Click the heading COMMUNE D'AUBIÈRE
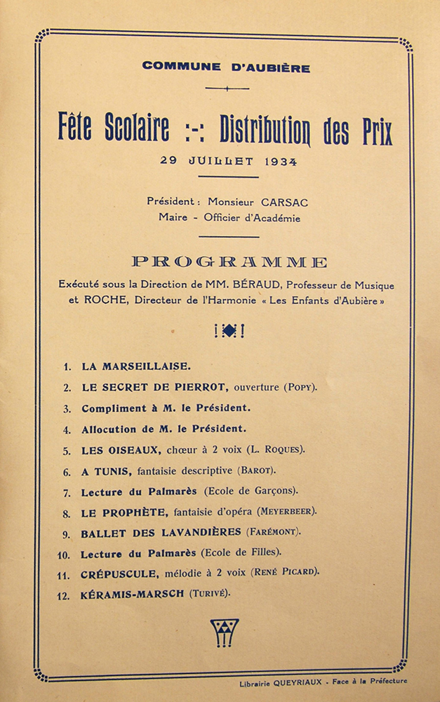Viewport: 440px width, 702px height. pos(226,67)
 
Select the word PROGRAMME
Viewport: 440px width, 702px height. pos(229,263)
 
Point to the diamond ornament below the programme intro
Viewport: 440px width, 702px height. pos(229,331)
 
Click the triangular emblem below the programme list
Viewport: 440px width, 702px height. pos(225,632)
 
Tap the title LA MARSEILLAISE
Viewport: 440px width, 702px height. pos(136,366)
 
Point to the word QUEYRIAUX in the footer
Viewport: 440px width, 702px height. pos(303,681)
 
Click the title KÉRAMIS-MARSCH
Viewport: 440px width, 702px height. pos(132,594)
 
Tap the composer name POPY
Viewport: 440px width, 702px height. pos(301,387)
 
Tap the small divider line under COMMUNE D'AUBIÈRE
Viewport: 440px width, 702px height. pos(227,88)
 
